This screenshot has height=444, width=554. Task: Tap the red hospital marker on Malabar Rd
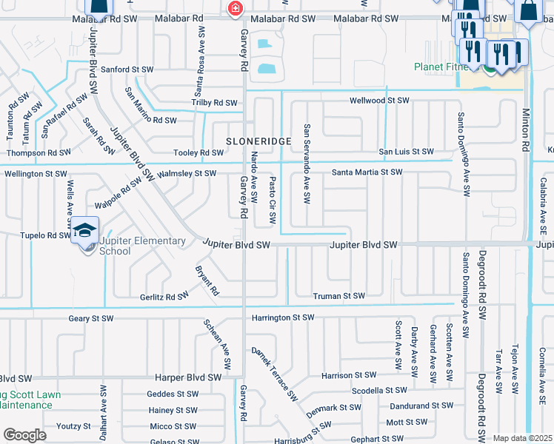[235, 9]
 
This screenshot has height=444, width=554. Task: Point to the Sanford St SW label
[127, 70]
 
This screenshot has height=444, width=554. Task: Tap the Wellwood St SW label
[379, 100]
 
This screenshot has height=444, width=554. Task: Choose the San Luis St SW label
[407, 152]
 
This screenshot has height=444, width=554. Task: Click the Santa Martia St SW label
[367, 172]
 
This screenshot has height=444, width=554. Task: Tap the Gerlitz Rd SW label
[164, 297]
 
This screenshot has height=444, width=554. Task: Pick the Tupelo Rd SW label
[46, 235]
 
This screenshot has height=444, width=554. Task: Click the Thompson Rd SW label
[38, 152]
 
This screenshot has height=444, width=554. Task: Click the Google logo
[24, 435]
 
